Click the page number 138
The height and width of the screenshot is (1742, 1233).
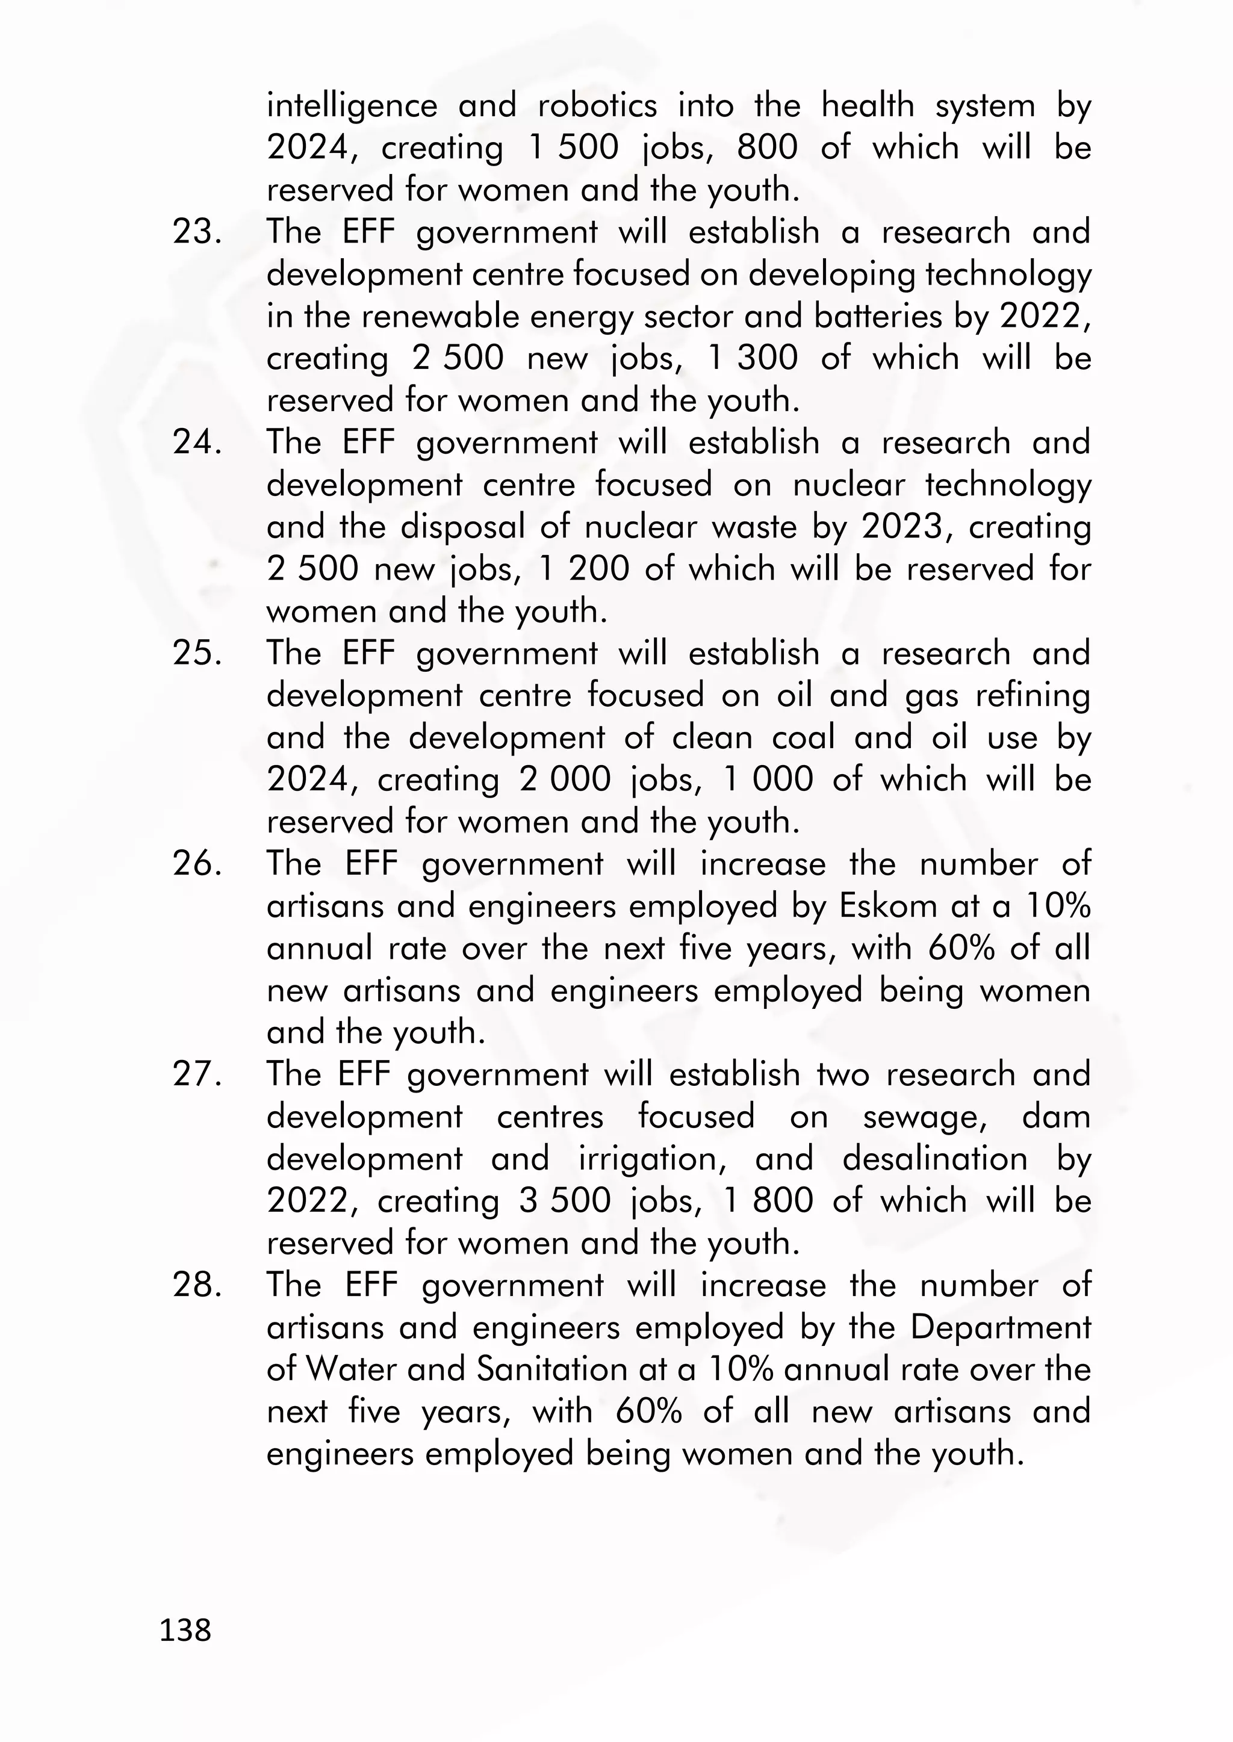(x=185, y=1629)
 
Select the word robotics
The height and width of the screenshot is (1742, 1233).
(x=597, y=105)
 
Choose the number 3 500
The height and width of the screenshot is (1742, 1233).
(x=565, y=1201)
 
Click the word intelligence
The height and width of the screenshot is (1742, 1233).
(x=352, y=105)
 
